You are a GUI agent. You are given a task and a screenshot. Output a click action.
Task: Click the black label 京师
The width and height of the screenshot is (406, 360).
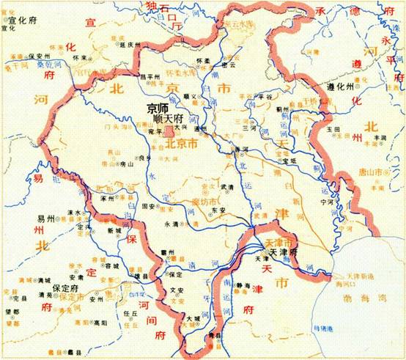[x=158, y=107]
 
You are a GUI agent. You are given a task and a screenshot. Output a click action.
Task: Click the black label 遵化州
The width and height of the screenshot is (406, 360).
[x=340, y=87]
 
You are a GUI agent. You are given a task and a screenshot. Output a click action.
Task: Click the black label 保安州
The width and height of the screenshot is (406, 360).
[x=41, y=56]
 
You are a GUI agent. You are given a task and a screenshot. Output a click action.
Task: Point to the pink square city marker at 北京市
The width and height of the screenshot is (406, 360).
[x=168, y=133]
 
